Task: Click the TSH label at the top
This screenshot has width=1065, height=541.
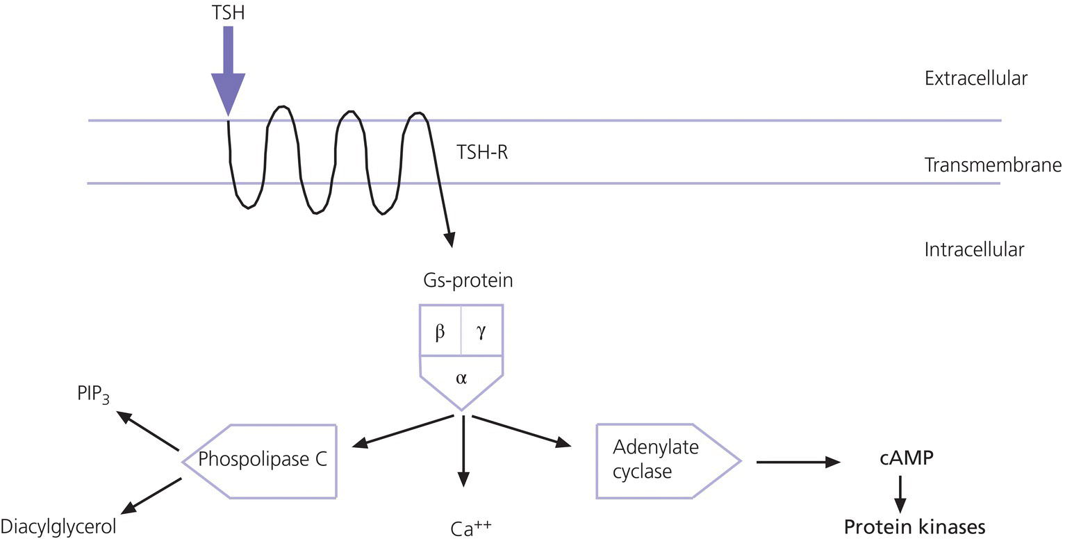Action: [229, 13]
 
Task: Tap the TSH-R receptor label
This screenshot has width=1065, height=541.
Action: [482, 151]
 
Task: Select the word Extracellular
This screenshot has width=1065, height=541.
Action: [975, 78]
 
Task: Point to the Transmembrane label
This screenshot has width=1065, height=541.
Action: [993, 165]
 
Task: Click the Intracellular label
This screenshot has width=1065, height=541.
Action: [974, 249]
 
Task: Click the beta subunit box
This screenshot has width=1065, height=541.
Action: [440, 331]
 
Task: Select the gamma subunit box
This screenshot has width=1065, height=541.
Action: [481, 331]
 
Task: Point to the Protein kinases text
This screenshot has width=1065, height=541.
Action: [914, 527]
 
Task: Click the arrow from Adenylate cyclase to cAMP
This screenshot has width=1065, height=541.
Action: [798, 461]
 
